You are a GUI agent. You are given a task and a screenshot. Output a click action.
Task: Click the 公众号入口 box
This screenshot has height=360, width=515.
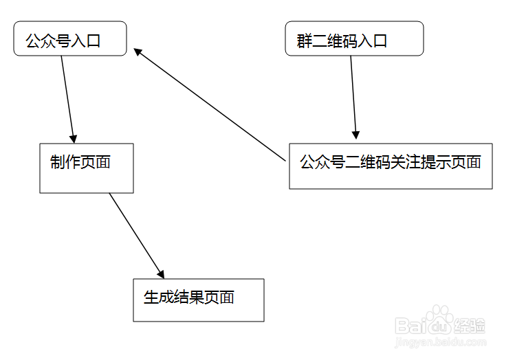click(70, 38)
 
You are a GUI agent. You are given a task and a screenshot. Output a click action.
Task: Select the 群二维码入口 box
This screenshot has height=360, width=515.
click(354, 38)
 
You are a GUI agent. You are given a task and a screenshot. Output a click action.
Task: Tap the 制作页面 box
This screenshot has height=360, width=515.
click(87, 168)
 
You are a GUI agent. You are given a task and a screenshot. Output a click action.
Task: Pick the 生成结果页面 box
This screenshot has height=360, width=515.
click(198, 300)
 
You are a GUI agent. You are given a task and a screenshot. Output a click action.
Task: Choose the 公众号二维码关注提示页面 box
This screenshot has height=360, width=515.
click(391, 166)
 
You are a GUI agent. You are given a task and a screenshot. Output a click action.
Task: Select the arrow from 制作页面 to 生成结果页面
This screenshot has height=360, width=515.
click(135, 234)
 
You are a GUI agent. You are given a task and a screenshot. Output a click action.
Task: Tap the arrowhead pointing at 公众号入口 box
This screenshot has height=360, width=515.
click(138, 51)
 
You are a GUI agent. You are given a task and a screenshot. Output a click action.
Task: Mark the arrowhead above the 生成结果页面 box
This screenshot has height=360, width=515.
click(160, 272)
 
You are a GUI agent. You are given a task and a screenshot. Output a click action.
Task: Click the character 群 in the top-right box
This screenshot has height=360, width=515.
click(304, 41)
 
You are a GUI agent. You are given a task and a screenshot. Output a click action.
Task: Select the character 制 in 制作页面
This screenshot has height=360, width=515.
click(58, 162)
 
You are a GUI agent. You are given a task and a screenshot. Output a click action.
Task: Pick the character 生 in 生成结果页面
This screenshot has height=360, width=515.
click(151, 297)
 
